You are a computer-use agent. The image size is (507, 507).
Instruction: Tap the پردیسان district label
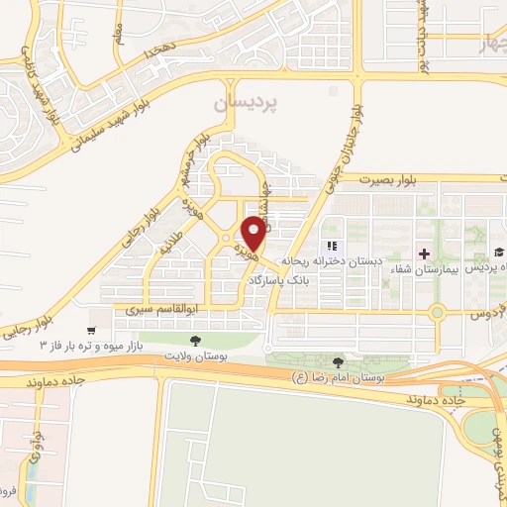click(246, 103)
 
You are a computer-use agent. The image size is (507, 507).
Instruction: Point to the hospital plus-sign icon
click(425, 253)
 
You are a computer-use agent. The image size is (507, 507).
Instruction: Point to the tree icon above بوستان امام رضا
click(340, 363)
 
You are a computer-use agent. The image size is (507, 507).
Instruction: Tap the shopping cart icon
click(91, 330)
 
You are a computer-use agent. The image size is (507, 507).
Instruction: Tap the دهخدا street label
click(156, 47)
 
